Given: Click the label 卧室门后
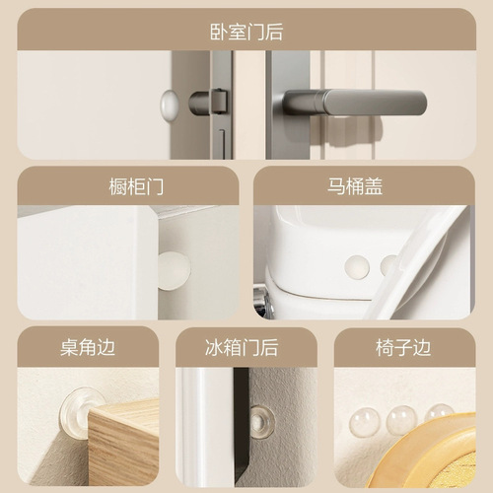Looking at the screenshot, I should click(x=246, y=31).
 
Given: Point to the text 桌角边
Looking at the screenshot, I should click(x=87, y=347).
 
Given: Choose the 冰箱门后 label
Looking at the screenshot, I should click(x=246, y=347).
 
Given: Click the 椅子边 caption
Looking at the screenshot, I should click(x=405, y=347).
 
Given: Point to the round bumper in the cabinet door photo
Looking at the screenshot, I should click(x=174, y=266).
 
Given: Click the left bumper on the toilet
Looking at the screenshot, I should click(x=357, y=266).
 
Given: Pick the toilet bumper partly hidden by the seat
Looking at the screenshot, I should click(x=388, y=265).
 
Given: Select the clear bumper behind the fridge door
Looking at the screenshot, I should click(x=260, y=421).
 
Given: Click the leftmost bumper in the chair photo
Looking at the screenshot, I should click(x=365, y=423).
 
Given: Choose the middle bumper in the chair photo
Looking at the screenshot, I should click(x=400, y=419).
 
